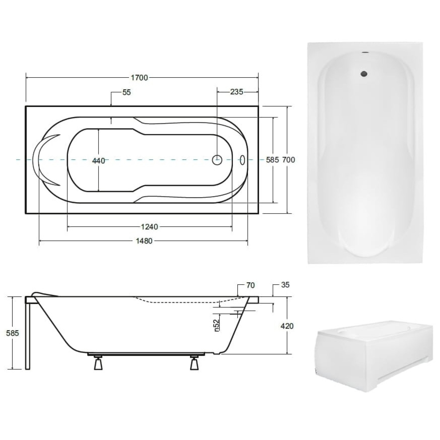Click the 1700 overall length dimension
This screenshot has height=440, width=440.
click(139, 78)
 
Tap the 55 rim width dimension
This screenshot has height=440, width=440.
click(127, 92)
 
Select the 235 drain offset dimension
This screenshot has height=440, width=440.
click(237, 92)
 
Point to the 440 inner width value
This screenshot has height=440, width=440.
click(98, 161)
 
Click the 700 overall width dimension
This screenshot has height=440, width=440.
click(288, 160)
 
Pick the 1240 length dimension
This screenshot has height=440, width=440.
click(150, 227)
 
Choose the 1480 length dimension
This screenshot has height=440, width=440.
click(144, 241)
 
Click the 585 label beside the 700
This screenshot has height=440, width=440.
click(273, 160)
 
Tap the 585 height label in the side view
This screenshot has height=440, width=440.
click(13, 333)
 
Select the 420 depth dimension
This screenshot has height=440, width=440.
click(287, 326)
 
